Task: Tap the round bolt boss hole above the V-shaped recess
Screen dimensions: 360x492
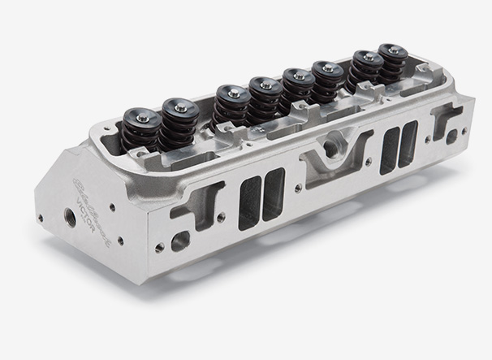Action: click(330, 147)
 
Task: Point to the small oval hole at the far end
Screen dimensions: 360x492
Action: click(451, 138)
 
